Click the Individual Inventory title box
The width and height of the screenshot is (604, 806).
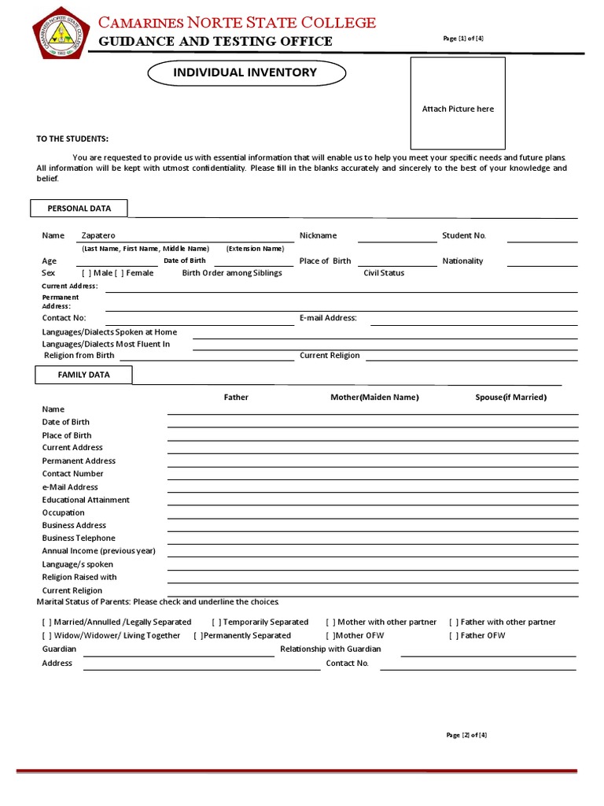point(246,73)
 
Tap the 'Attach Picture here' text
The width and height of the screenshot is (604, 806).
point(458,109)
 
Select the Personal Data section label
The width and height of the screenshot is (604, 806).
point(79,209)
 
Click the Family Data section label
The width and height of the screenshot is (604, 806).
point(83,375)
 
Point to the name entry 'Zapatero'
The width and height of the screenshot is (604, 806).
point(98,235)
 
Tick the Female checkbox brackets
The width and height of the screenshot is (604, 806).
point(120,273)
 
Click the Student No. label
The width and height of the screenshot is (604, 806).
point(464,235)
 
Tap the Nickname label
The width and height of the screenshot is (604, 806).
point(318,235)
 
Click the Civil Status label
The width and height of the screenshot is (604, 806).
point(384,273)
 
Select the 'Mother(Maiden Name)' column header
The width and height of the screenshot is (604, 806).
point(374,397)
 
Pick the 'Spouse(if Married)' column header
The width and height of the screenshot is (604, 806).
point(510,397)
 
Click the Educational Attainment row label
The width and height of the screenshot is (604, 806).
point(86,500)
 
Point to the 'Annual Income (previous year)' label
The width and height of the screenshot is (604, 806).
point(98,551)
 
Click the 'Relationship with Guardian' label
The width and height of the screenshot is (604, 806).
point(330,649)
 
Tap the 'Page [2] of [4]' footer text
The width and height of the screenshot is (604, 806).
point(466,735)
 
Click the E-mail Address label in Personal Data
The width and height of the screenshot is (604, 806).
point(328,318)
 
